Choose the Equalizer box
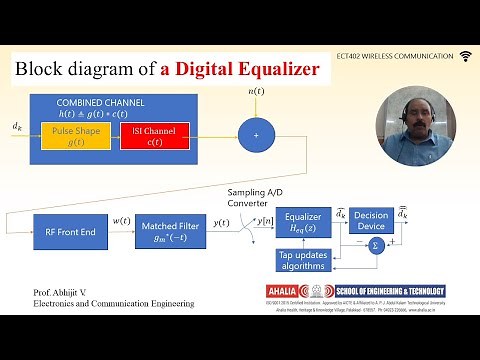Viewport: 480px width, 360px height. pos(302,222)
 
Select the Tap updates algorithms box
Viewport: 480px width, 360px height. pos(302,259)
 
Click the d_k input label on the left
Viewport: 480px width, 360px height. pos(17,127)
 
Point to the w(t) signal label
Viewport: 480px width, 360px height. pos(120,220)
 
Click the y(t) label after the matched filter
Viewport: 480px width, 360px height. pos(222,222)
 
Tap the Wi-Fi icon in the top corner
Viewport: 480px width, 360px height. pos(465,55)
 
